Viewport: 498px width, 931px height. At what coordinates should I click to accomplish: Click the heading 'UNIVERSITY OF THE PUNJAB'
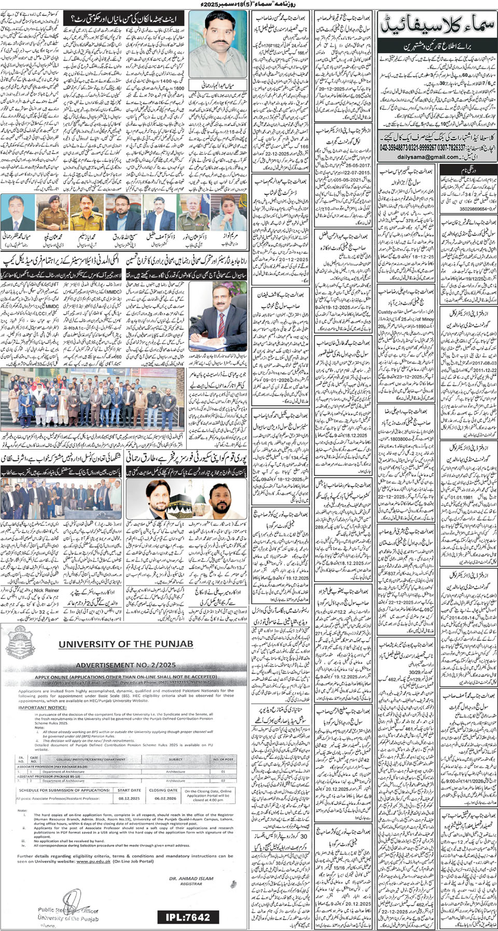pos(126,644)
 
